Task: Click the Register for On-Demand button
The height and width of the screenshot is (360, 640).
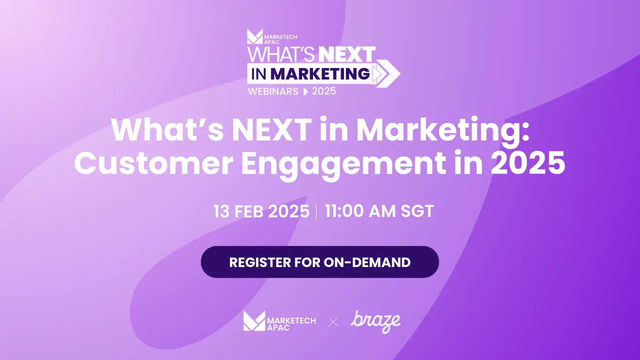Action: click(x=319, y=262)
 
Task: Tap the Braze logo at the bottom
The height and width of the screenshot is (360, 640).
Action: click(x=375, y=321)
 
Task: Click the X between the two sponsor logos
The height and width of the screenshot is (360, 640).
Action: click(x=333, y=322)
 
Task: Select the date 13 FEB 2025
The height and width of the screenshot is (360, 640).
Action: click(x=261, y=211)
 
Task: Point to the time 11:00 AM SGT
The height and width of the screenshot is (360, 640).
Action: click(x=379, y=211)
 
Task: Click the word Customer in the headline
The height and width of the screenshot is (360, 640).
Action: click(x=153, y=163)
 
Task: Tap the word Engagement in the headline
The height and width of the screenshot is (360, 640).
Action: click(x=343, y=165)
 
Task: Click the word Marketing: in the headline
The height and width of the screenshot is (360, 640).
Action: click(x=443, y=130)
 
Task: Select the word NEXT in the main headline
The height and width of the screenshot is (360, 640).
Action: click(x=271, y=129)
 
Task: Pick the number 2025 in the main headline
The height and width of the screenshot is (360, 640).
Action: click(x=527, y=162)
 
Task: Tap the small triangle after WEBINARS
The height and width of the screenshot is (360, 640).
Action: click(x=305, y=91)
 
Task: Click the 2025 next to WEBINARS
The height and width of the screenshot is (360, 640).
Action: click(x=323, y=91)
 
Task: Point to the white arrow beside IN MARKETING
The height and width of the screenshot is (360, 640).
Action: click(x=386, y=73)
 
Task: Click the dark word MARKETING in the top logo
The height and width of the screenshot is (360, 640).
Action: click(x=320, y=73)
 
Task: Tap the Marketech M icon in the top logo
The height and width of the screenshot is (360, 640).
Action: click(x=254, y=36)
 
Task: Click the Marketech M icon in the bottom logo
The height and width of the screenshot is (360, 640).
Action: click(x=254, y=321)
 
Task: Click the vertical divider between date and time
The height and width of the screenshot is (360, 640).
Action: click(x=316, y=211)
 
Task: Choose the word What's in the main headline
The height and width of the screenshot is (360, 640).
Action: click(x=167, y=129)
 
